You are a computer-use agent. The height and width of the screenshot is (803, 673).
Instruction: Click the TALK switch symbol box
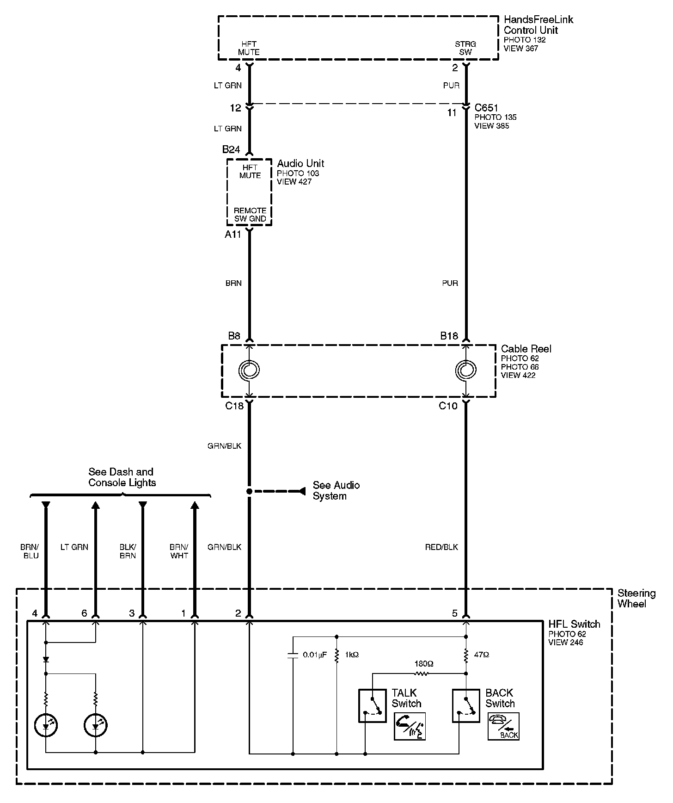click(x=372, y=705)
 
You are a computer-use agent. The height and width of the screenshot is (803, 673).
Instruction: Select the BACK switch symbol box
click(x=466, y=705)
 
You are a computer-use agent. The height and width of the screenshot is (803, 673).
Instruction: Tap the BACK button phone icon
click(x=503, y=726)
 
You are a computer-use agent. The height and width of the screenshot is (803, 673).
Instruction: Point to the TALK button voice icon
click(x=410, y=726)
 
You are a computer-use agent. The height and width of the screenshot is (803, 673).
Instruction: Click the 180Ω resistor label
click(x=424, y=664)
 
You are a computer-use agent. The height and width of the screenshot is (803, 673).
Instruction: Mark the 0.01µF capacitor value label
click(x=315, y=655)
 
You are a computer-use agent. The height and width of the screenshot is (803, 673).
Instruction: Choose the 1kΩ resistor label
click(x=351, y=655)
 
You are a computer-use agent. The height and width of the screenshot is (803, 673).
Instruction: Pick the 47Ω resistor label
click(x=481, y=655)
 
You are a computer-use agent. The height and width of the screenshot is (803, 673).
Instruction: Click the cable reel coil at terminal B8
click(x=249, y=370)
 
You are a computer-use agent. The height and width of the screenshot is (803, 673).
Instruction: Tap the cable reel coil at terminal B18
click(x=466, y=370)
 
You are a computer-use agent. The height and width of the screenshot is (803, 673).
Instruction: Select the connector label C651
click(x=487, y=108)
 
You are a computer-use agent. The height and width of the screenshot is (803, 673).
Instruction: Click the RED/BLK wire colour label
click(x=441, y=547)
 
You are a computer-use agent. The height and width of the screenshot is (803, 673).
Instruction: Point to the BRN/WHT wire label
click(x=179, y=551)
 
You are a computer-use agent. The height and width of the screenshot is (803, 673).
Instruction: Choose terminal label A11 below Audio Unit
click(x=233, y=235)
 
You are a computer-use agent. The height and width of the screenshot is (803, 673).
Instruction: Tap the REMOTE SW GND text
click(x=250, y=215)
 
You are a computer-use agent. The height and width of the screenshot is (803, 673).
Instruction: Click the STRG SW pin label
click(x=465, y=48)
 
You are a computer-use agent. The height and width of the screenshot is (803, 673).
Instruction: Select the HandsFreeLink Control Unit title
click(x=538, y=25)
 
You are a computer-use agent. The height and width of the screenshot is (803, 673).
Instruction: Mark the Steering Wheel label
click(x=636, y=598)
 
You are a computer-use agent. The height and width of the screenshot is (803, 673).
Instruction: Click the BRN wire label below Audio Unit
click(x=233, y=283)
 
